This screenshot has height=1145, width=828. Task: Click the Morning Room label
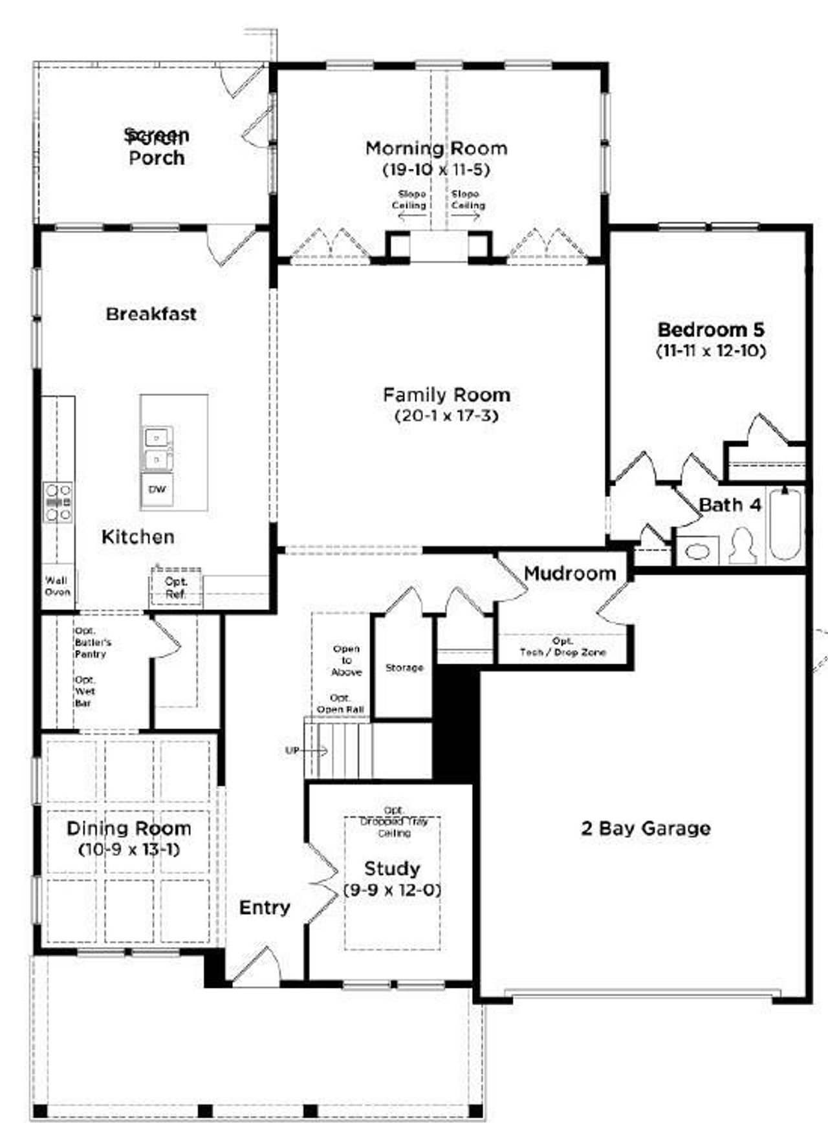(437, 148)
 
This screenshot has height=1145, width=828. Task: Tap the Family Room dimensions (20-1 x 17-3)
(446, 416)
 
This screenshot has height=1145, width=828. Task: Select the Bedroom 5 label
(710, 330)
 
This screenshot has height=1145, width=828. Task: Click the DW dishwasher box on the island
(157, 490)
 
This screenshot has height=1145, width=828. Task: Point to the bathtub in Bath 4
(785, 524)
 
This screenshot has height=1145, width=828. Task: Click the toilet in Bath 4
(742, 545)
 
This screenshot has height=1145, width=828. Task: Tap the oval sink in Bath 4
(697, 552)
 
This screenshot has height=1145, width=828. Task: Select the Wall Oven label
(58, 586)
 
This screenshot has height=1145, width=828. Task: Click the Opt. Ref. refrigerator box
(176, 587)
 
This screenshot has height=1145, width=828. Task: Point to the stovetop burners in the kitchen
(58, 502)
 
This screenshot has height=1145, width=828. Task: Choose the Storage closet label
(404, 667)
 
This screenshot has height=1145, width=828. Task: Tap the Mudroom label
(569, 573)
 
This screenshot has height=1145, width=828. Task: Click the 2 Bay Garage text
(646, 829)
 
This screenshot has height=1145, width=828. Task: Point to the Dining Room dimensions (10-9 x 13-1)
(129, 849)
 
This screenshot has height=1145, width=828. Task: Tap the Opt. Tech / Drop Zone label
(563, 647)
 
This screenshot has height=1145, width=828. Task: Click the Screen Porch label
(157, 147)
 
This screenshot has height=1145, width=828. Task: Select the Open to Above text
(346, 660)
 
